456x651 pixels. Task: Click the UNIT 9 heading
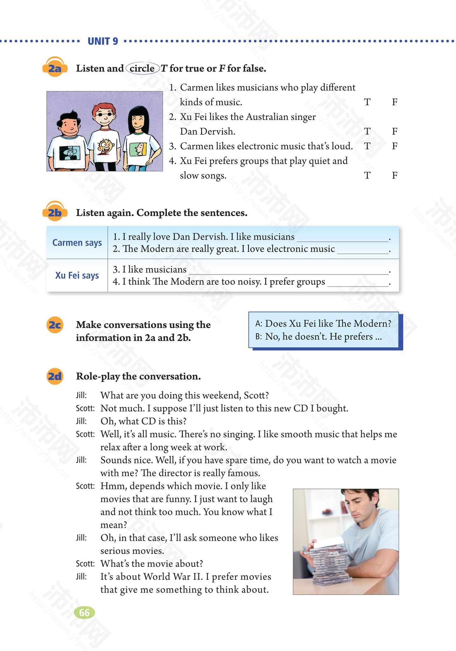coord(103,41)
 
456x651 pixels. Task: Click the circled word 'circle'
coord(142,68)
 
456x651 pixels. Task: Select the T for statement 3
coord(367,146)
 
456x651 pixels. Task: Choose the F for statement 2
coord(395,131)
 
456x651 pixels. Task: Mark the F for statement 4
coord(395,175)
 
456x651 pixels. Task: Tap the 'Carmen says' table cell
coord(77,243)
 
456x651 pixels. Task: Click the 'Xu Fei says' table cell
coord(77,275)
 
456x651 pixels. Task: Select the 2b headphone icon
coord(55,212)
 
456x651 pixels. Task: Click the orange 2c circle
coord(55,325)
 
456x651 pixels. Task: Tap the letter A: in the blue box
coord(259,324)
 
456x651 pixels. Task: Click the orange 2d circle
coord(55,376)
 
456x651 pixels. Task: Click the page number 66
coord(84,613)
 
